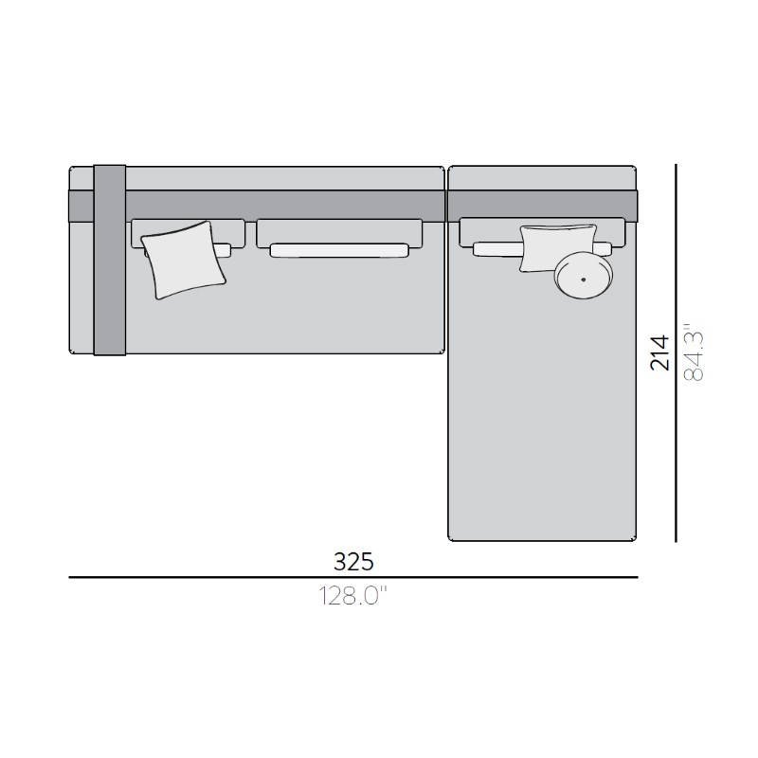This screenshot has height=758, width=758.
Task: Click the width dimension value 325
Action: pyautogui.click(x=353, y=562)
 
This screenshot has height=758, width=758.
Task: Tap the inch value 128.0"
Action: pyautogui.click(x=353, y=596)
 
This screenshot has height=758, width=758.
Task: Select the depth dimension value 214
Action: pyautogui.click(x=659, y=352)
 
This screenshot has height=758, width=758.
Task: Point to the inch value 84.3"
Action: pyautogui.click(x=694, y=352)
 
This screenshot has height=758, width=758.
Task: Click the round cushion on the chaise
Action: pyautogui.click(x=584, y=276)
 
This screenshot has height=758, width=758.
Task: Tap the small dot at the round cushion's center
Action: pyautogui.click(x=583, y=280)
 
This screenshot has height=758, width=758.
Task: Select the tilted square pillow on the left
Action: pyautogui.click(x=184, y=260)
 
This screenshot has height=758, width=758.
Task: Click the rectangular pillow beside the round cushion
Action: pyautogui.click(x=558, y=247)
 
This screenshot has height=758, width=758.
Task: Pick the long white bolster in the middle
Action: pyautogui.click(x=340, y=250)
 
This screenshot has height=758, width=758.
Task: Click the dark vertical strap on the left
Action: pyautogui.click(x=110, y=260)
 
